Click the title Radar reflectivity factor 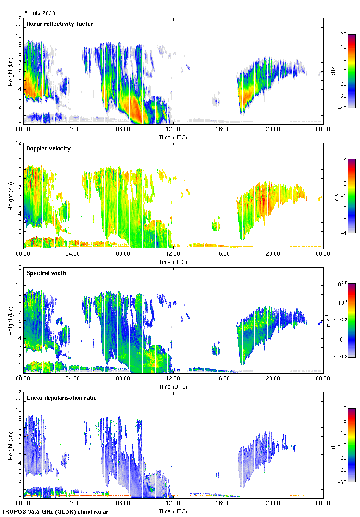click(x=60, y=24)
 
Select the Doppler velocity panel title click(x=47, y=149)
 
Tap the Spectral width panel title click(x=46, y=273)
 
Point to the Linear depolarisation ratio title click(x=61, y=398)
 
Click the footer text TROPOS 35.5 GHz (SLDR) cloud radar click(x=56, y=512)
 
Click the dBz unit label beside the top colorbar click(x=333, y=71)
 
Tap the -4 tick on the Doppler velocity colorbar click(x=343, y=233)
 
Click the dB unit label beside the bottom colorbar click(x=333, y=445)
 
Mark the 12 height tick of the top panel click(x=19, y=18)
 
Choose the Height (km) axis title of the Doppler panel click(x=10, y=196)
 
